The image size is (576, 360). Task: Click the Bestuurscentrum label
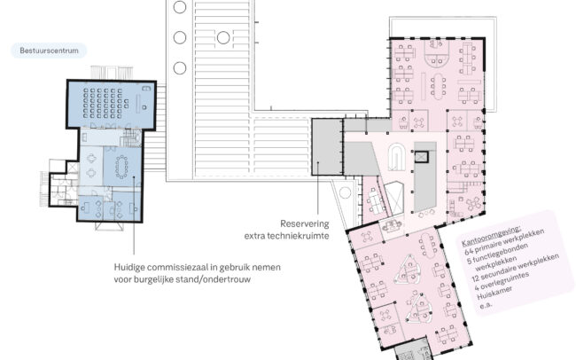49,51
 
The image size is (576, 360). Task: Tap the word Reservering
305,223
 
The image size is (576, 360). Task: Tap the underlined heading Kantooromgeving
491,235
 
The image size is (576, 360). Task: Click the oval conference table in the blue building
121,167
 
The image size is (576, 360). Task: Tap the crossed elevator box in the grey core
421,157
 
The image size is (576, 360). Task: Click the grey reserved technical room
327,146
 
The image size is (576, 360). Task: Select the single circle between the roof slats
223,37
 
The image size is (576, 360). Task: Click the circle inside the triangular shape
345,192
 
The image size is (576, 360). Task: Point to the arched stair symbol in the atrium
397,157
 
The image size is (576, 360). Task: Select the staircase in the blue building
131,139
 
